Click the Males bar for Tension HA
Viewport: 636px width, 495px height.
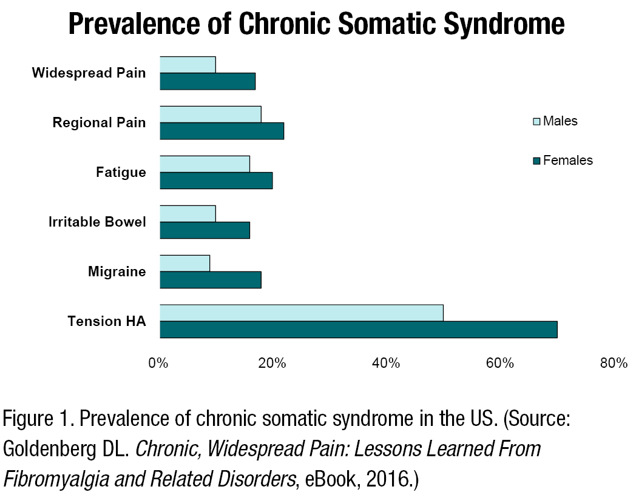[301, 313]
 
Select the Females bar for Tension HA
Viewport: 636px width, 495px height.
[358, 330]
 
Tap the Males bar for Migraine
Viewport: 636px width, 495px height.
[184, 263]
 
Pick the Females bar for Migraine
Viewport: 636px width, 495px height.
[210, 280]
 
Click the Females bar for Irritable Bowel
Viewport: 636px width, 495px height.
[205, 230]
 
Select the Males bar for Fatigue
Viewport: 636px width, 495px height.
[205, 164]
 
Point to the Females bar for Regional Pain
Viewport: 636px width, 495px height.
[222, 131]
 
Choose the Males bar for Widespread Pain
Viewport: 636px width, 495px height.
[188, 64]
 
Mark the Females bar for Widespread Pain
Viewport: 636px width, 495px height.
[207, 81]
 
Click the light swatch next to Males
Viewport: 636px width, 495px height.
[536, 121]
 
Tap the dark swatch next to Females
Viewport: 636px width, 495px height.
[536, 161]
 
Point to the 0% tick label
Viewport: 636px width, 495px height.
[158, 364]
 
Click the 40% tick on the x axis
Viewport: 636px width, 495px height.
[386, 364]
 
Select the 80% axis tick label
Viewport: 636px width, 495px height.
[614, 364]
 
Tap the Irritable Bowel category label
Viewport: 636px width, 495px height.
[97, 222]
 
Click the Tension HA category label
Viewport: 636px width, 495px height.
[107, 321]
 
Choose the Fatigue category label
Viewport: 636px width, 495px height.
[121, 172]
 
